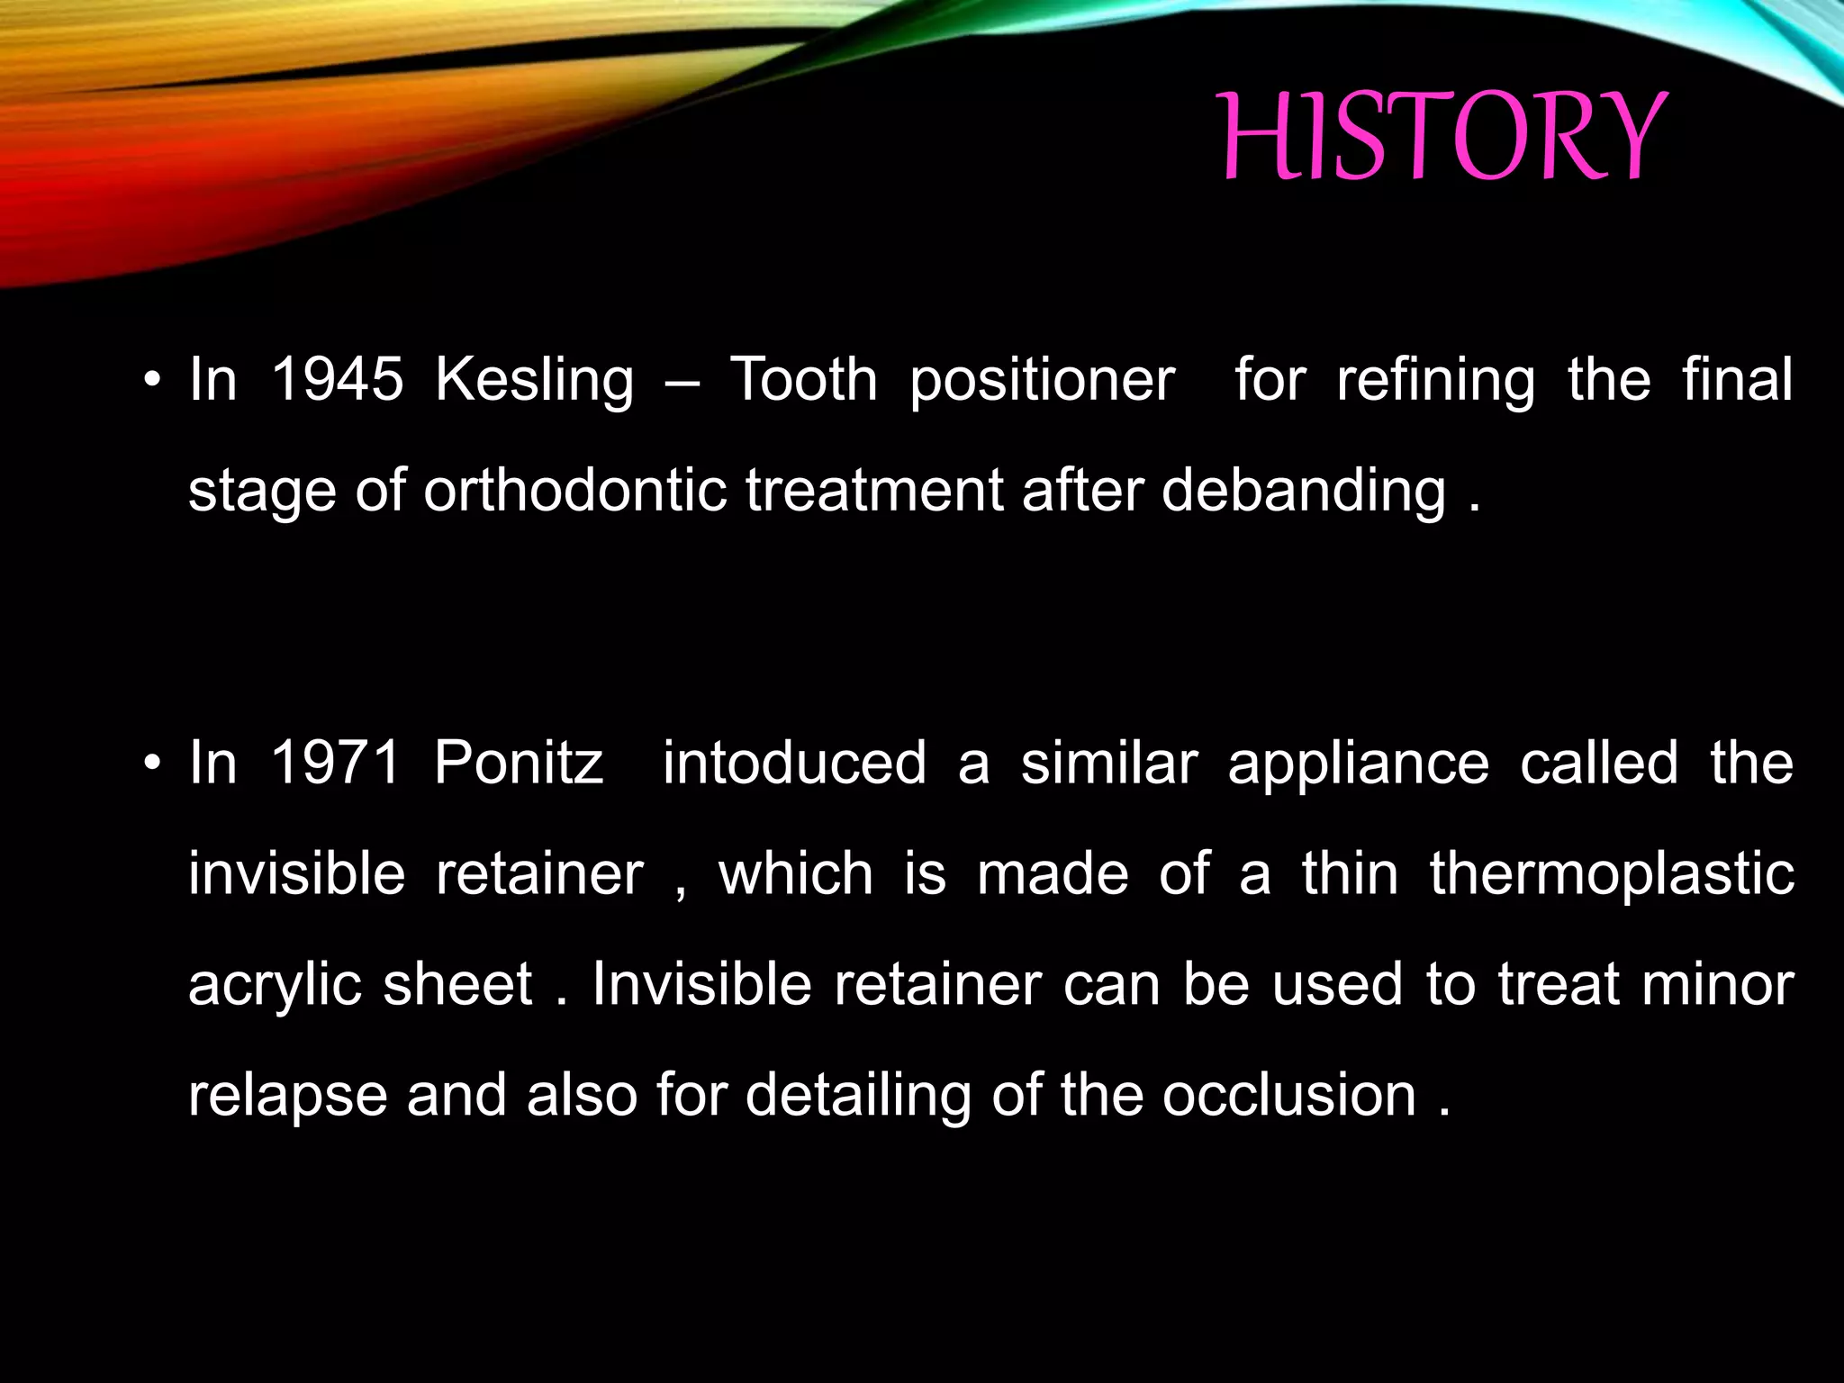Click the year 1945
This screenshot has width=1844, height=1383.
click(x=337, y=379)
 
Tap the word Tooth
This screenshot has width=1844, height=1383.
click(x=803, y=379)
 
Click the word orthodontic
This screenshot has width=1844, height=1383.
click(x=574, y=491)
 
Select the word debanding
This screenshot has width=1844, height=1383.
click(x=1303, y=491)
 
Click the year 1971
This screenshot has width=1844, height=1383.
click(x=335, y=763)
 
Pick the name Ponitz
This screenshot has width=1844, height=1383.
click(x=519, y=763)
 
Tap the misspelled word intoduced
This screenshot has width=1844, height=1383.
click(x=794, y=763)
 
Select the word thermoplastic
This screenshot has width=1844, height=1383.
click(x=1612, y=874)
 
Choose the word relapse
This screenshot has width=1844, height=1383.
click(x=287, y=1096)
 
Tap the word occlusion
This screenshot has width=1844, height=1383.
click(x=1288, y=1095)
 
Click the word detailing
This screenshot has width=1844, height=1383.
click(x=858, y=1096)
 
